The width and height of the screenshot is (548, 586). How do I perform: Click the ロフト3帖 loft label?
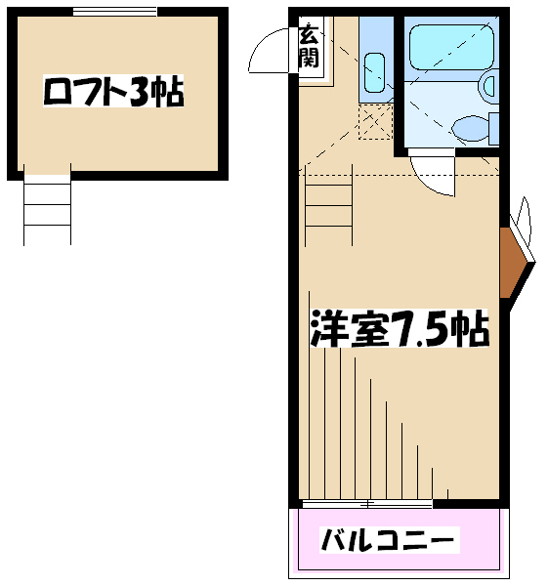[x=113, y=91]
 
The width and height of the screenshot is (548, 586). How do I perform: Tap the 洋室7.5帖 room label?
[x=400, y=328]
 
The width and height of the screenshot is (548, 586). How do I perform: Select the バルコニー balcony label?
[x=389, y=540]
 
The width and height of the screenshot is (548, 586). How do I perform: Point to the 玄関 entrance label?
[x=309, y=46]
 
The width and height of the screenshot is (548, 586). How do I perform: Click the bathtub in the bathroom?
[x=451, y=48]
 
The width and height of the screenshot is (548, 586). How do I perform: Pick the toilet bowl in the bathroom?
[x=470, y=129]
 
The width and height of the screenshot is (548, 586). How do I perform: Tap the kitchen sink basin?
[x=374, y=72]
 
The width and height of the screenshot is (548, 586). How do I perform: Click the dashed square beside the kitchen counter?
[x=375, y=122]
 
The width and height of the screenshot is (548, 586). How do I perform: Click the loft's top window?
[x=114, y=13]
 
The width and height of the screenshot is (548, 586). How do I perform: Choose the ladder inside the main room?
[x=328, y=205]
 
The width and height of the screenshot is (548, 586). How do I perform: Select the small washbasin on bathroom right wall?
[x=489, y=85]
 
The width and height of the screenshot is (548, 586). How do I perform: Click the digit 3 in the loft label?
[x=140, y=91]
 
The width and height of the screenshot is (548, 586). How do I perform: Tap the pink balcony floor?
[x=399, y=540]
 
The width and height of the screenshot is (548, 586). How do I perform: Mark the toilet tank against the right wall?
[x=494, y=129]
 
